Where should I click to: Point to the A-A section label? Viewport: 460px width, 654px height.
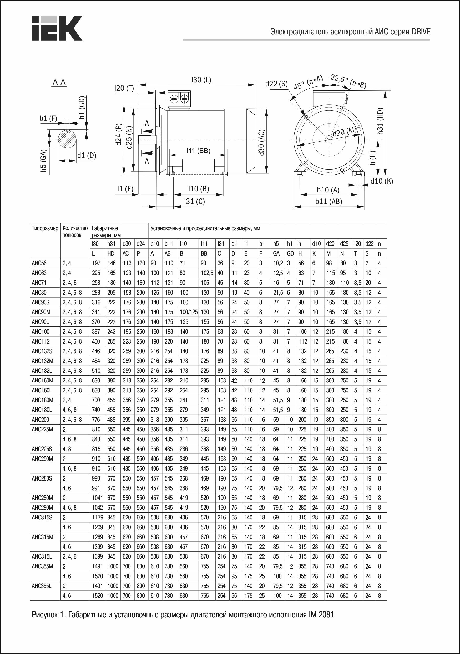[x=59, y=83]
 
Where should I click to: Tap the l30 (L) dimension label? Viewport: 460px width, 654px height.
[x=201, y=80]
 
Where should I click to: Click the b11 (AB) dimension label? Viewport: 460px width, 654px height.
[x=328, y=201]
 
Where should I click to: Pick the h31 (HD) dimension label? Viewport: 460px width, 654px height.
[x=380, y=121]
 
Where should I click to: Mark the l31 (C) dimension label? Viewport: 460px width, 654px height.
[x=194, y=201]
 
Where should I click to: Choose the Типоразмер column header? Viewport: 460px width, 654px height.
[x=45, y=228]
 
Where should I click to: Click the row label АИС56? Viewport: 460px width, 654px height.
[x=39, y=263]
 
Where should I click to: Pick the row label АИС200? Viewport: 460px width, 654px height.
[x=41, y=420]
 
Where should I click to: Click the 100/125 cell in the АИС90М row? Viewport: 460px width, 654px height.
[x=189, y=312]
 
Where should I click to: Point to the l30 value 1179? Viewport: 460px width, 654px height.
[x=97, y=518]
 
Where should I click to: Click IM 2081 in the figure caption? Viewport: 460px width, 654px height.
[x=321, y=615]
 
